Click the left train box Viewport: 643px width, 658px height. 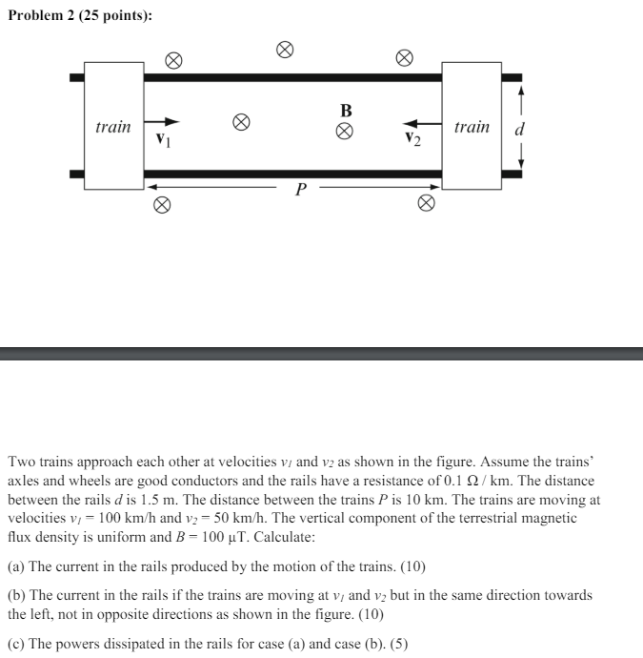click(x=113, y=127)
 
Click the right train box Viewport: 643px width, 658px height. click(x=472, y=127)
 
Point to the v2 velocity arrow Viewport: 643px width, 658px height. click(x=419, y=123)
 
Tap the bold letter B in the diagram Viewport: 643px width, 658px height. click(x=346, y=111)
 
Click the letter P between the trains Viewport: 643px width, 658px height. click(x=301, y=189)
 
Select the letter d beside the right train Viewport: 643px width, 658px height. click(x=519, y=128)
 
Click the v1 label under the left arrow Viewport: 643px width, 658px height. click(x=163, y=141)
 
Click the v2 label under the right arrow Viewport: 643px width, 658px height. click(x=411, y=141)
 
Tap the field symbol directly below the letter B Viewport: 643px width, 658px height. click(x=346, y=130)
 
